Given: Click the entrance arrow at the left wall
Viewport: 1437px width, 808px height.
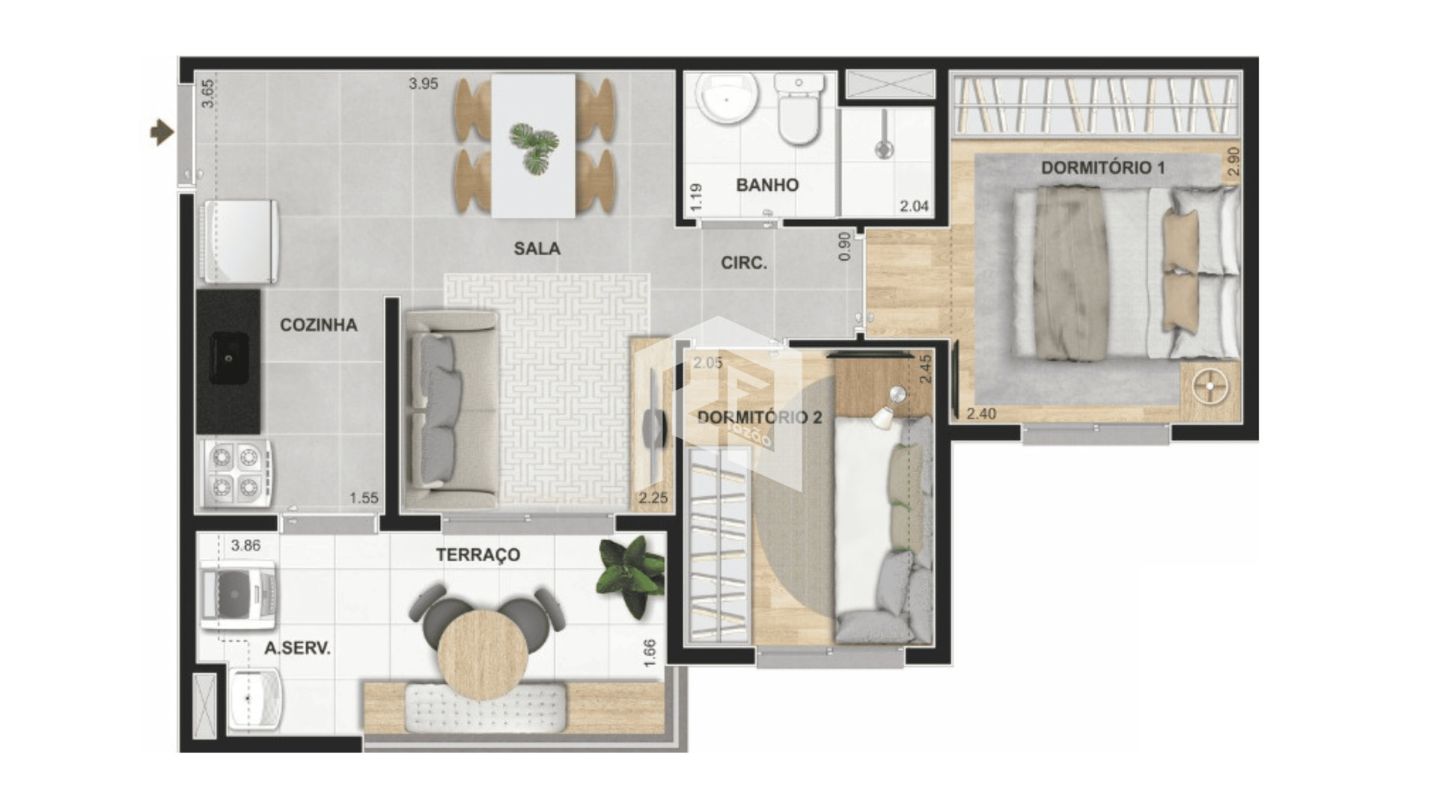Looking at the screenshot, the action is pos(162,133).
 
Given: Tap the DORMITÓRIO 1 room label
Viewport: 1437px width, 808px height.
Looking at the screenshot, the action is pos(1102,168).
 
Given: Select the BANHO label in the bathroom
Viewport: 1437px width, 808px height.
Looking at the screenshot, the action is pos(767,185).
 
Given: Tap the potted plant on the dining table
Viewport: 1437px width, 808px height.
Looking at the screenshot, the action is pos(534,147).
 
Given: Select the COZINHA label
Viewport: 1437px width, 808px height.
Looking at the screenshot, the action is pos(318,325).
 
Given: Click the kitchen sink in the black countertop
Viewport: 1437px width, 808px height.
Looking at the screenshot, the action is pos(229,358).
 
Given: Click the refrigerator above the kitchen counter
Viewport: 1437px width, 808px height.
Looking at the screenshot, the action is pos(239,242).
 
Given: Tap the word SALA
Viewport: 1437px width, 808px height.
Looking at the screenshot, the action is pos(537,248).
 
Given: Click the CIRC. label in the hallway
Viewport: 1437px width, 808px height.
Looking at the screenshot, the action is pos(744,263).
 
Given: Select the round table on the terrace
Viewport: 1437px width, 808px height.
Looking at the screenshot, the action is pos(483,655).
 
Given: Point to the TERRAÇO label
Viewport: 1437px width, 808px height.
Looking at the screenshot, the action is pos(478,554).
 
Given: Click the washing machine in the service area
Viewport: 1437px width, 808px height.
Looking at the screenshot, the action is pos(238,595).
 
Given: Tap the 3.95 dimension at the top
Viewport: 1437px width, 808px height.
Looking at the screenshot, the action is pos(423,84).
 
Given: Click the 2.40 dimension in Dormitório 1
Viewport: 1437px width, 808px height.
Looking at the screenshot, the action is pos(981,414).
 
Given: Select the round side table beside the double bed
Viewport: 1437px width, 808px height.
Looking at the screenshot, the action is pos(1209,388).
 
